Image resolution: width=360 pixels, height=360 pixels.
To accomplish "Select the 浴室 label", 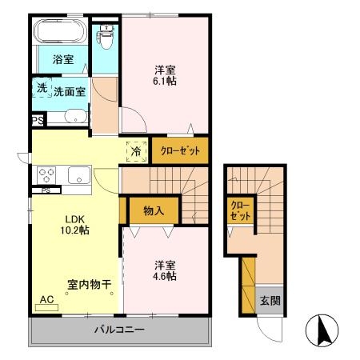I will [x=63, y=59].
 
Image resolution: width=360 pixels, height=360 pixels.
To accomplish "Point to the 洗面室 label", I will [x=70, y=91].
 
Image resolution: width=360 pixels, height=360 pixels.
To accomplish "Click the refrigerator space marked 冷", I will [x=135, y=150].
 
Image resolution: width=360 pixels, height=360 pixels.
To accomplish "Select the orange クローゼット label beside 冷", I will [x=180, y=150].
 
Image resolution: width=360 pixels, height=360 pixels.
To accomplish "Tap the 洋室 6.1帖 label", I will [x=166, y=74].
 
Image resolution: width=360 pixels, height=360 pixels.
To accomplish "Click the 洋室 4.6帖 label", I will [x=166, y=270].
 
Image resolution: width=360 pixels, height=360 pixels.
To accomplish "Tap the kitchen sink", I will [x=78, y=175].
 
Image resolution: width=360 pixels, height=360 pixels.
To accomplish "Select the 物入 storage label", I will [x=154, y=211].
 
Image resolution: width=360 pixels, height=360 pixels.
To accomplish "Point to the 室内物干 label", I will [x=88, y=283].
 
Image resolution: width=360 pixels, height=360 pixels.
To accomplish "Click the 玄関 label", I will [x=268, y=301].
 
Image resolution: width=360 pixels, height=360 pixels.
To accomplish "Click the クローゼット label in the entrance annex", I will [x=240, y=211].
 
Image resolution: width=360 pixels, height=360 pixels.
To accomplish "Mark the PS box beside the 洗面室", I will [x=38, y=120].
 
